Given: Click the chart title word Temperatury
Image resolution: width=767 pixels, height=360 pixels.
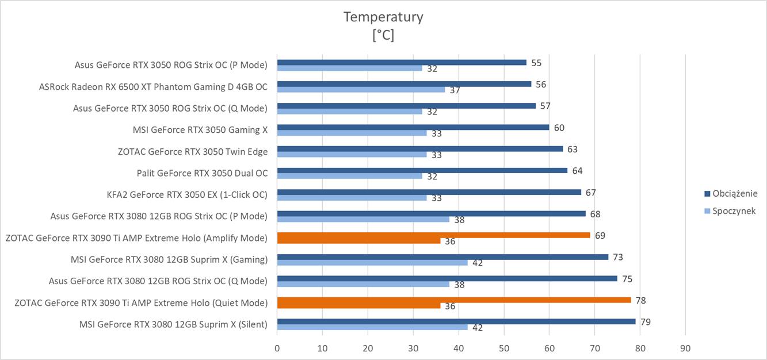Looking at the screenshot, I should click(x=383, y=17).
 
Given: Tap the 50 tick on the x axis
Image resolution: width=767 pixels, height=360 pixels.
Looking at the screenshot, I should click(x=504, y=348).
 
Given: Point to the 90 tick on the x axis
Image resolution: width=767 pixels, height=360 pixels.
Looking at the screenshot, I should click(x=685, y=348).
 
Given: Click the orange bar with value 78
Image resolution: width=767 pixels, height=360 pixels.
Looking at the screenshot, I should click(x=454, y=300).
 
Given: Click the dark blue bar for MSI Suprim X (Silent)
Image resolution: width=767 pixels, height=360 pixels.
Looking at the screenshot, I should click(x=456, y=321).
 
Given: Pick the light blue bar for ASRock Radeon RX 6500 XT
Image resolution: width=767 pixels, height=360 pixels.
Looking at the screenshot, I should click(x=361, y=90).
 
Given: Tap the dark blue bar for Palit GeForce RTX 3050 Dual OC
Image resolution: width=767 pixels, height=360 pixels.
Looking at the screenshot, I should click(x=422, y=170).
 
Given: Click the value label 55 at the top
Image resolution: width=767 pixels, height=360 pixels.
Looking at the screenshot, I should click(x=536, y=63).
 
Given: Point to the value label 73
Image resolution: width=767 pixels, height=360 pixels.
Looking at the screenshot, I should click(x=618, y=257).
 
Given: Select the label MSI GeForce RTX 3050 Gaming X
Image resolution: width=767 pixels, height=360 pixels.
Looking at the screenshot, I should click(x=200, y=130).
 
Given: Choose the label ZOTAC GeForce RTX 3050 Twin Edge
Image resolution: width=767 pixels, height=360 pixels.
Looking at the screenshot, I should click(x=193, y=151).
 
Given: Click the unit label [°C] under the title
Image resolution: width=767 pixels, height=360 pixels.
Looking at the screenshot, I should click(x=383, y=35).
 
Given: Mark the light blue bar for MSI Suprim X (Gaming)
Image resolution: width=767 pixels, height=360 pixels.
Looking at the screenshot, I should click(x=372, y=263).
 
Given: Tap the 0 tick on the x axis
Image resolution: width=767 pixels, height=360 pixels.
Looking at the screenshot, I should click(x=277, y=348).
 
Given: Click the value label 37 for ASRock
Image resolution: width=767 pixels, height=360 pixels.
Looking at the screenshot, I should click(x=455, y=90).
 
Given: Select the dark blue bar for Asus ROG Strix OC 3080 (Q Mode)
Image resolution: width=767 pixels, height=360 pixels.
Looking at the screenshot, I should click(x=447, y=278).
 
